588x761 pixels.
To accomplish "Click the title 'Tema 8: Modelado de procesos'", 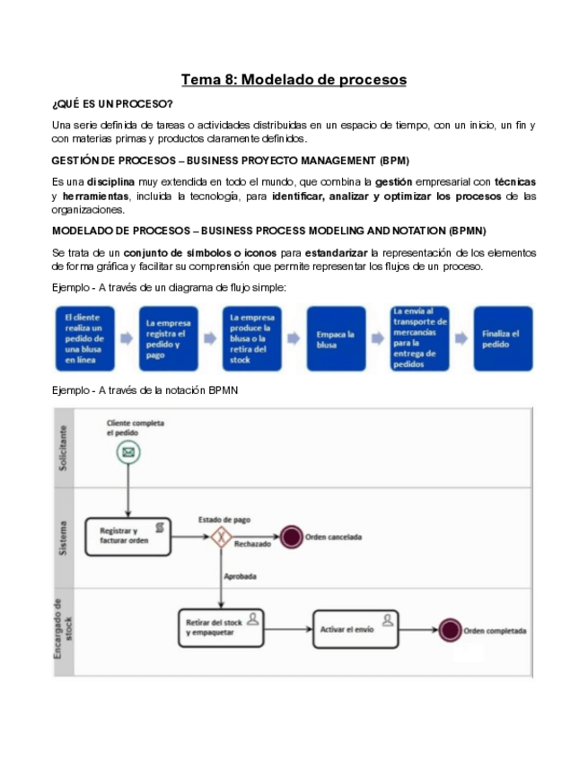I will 294,80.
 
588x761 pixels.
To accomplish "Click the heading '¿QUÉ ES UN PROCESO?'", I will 112,105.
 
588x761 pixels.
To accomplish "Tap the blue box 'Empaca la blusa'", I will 336,339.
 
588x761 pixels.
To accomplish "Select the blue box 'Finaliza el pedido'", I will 503,339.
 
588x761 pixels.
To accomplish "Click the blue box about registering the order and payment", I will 168,339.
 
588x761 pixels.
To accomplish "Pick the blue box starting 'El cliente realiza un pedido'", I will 84,339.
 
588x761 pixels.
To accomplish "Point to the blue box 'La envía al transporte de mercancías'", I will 419,339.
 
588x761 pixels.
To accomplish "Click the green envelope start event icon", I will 127,453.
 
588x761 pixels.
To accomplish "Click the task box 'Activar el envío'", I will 354,628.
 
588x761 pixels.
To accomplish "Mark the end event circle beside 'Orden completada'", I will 450,629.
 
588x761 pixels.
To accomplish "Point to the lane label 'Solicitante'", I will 62,445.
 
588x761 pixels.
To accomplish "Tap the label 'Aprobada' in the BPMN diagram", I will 241,576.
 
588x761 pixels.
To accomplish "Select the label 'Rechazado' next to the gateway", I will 252,545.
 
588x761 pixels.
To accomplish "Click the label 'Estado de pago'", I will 224,519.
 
